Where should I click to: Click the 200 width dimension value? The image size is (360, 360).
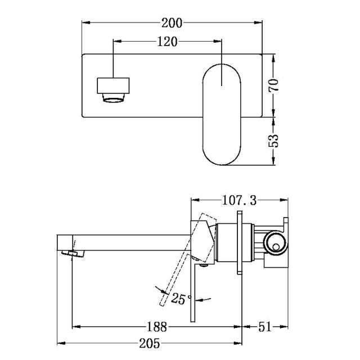(x=172, y=23)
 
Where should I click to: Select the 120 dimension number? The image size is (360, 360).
(x=168, y=42)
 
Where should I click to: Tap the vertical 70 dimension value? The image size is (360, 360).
(x=273, y=86)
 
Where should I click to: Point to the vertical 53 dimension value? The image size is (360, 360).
(x=273, y=139)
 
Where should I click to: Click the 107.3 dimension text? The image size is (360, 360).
(x=236, y=200)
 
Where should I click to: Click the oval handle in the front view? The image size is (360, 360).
(x=222, y=115)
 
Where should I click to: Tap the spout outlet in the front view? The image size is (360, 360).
(x=114, y=91)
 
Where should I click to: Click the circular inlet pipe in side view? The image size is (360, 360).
(x=275, y=242)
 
